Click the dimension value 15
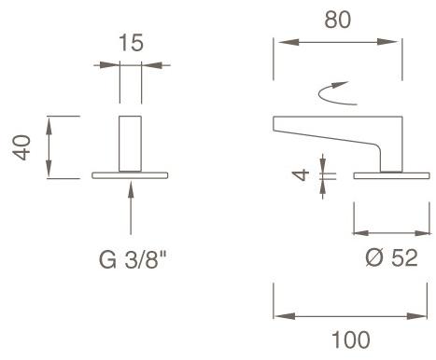coord(132,42)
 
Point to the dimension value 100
coord(350,339)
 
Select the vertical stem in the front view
coord(131,145)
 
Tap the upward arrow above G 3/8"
coord(131,205)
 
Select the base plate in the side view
coord(386,175)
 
